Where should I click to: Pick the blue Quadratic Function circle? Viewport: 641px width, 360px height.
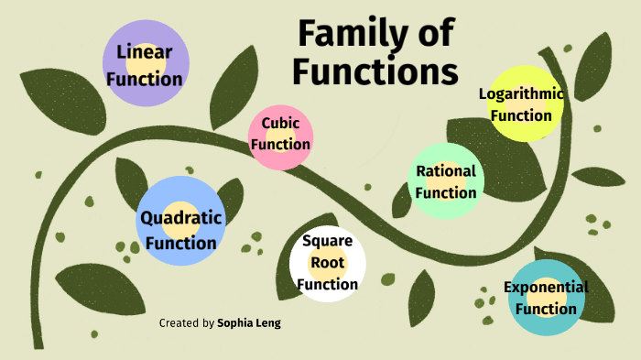(x=179, y=222)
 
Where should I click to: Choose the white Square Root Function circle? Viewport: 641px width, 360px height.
(x=327, y=264)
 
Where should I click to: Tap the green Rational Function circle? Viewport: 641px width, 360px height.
(x=445, y=181)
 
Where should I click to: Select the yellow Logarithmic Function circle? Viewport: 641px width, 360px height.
(x=521, y=104)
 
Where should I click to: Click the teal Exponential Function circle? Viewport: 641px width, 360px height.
(x=546, y=297)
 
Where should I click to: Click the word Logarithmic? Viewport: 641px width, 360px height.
(x=521, y=93)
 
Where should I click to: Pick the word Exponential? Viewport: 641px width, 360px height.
(x=546, y=287)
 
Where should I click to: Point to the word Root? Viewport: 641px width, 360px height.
(x=327, y=263)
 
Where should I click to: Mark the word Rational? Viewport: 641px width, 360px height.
(x=446, y=170)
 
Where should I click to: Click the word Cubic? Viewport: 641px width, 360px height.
(x=280, y=123)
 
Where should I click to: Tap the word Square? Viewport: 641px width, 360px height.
(x=327, y=242)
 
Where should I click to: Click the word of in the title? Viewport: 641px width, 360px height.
(x=431, y=35)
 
